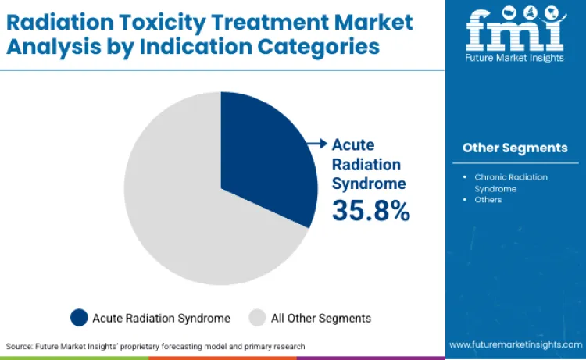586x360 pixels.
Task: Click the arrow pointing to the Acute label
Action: pos(319,144)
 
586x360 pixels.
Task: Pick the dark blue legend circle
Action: pos(79,318)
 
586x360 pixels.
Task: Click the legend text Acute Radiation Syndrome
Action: pos(161,318)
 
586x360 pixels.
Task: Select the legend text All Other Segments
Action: pos(320,318)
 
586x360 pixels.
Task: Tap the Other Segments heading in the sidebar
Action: pos(515,148)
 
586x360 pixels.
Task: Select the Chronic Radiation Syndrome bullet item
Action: pos(511,182)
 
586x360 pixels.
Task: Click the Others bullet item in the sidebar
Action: pos(488,200)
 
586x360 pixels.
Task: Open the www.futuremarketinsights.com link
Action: pos(515,344)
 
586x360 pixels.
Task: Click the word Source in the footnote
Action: pos(20,345)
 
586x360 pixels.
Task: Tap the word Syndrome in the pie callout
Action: pos(369,184)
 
